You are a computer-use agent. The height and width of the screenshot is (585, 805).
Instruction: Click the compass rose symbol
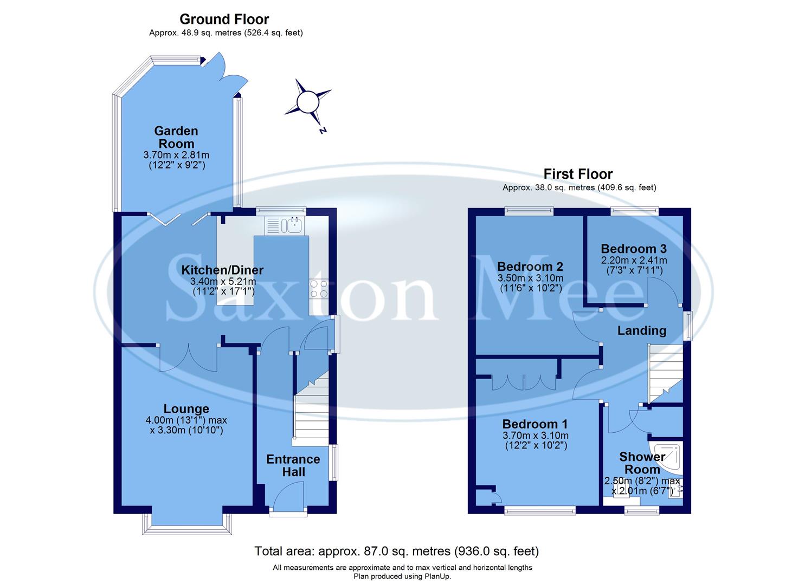(307, 101)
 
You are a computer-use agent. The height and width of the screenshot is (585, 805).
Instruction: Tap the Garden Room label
(176, 137)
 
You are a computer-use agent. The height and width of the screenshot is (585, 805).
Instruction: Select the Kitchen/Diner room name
(222, 270)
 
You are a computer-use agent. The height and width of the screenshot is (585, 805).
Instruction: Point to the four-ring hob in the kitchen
(319, 289)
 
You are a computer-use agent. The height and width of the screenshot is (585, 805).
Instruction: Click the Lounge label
(186, 409)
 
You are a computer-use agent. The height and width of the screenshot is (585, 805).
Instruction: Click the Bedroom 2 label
(530, 266)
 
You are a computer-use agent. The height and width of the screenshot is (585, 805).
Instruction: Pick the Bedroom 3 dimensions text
(634, 265)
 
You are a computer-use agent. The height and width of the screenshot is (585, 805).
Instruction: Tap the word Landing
(642, 330)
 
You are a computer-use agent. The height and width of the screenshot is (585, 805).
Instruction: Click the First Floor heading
(578, 174)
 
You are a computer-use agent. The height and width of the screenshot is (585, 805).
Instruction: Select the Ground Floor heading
(224, 19)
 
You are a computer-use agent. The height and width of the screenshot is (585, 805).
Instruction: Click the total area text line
(397, 551)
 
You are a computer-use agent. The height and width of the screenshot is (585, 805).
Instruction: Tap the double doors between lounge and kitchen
(188, 357)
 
